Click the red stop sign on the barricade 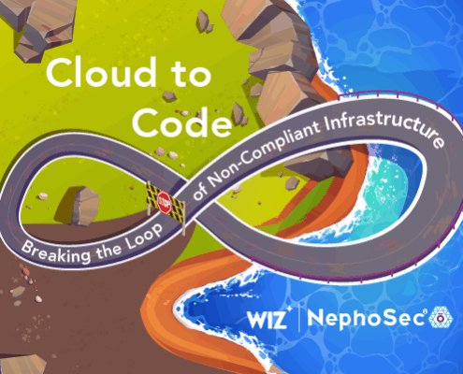(165, 203)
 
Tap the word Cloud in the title (102, 72)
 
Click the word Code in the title (182, 122)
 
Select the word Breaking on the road (56, 252)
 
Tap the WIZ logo (268, 319)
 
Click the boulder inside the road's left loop (80, 207)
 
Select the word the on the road (109, 252)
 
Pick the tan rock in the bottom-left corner (22, 364)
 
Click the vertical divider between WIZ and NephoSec (299, 318)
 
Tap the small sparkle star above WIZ (289, 309)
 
